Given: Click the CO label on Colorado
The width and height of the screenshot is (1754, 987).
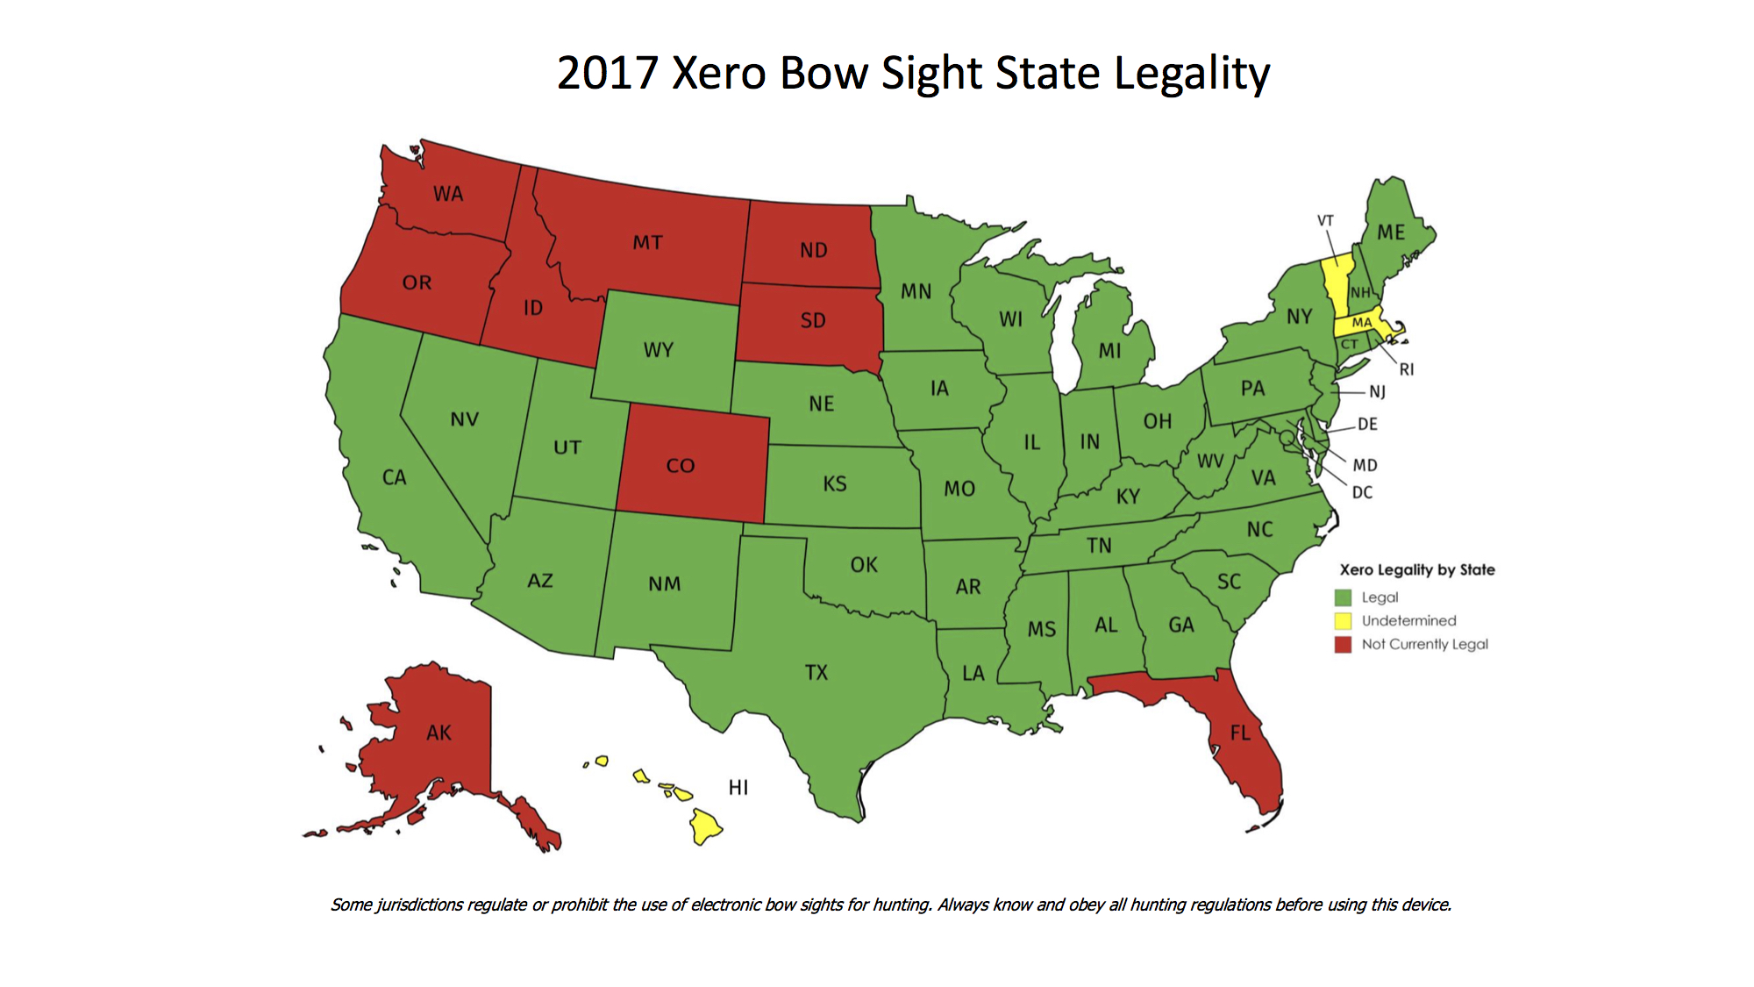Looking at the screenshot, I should pyautogui.click(x=680, y=466).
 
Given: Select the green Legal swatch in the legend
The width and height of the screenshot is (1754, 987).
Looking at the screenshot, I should pyautogui.click(x=1343, y=597).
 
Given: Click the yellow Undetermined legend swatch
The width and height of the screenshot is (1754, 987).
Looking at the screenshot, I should pyautogui.click(x=1343, y=621).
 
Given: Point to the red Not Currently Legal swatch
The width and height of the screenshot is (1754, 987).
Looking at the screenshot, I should pyautogui.click(x=1343, y=645).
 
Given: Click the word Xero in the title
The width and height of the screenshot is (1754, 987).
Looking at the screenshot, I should pyautogui.click(x=718, y=73).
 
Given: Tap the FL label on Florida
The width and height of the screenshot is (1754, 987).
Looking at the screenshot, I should pyautogui.click(x=1240, y=733).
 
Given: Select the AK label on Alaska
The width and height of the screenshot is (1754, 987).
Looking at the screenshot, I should pyautogui.click(x=438, y=733).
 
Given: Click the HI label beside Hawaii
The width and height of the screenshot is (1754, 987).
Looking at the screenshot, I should pyautogui.click(x=738, y=788).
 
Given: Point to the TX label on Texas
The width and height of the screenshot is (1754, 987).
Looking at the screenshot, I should pyautogui.click(x=816, y=673).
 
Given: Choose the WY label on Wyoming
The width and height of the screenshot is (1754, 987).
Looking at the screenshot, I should pyautogui.click(x=658, y=350).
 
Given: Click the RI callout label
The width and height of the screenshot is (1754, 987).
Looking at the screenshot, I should pyautogui.click(x=1407, y=369).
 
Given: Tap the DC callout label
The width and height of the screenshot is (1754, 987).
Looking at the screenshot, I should pyautogui.click(x=1362, y=493).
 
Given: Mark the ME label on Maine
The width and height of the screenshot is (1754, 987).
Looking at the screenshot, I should pyautogui.click(x=1391, y=232).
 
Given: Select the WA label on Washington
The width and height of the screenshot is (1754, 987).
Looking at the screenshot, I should pyautogui.click(x=448, y=194).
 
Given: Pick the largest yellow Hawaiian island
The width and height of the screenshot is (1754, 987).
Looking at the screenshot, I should pyautogui.click(x=704, y=826).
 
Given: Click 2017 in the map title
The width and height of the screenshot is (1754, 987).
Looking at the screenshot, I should pyautogui.click(x=607, y=73).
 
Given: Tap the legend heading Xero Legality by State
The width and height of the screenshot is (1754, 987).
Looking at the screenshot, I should pyautogui.click(x=1417, y=570).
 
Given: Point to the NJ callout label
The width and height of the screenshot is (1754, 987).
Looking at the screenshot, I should pyautogui.click(x=1378, y=392).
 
